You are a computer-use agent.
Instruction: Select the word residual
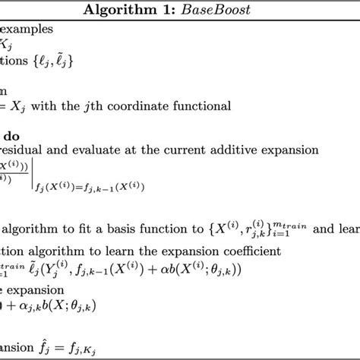point(25,151)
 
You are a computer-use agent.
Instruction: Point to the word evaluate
point(96,151)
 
